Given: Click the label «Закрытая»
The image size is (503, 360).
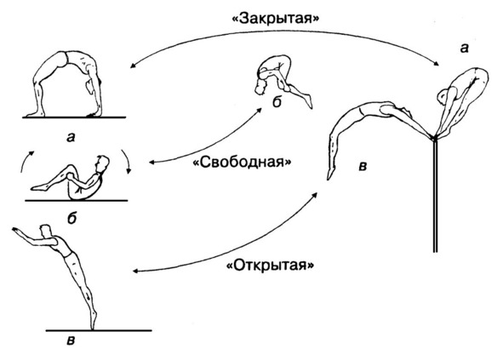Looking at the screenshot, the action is point(275,19).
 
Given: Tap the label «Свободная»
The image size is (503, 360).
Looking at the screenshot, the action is point(243,162).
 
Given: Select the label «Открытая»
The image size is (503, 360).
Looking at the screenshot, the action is point(271,266).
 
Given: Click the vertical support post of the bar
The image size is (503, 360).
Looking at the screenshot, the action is point(435,196).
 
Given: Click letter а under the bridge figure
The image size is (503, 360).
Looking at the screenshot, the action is point(71,138).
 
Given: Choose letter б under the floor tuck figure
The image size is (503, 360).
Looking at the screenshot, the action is point(72,218).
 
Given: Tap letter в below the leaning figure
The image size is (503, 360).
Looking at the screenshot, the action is point(71,340).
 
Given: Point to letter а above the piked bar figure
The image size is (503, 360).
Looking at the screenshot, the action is point(464,49).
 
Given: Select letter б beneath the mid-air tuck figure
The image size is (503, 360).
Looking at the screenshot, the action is point(277,102).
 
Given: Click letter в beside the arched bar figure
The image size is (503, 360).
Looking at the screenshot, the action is point(363,167).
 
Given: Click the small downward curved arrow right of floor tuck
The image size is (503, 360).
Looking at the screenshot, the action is point(128,161).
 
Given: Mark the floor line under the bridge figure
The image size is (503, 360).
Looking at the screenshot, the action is point(74,117).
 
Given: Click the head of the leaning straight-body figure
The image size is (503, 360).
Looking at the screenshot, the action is point(45,230).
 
